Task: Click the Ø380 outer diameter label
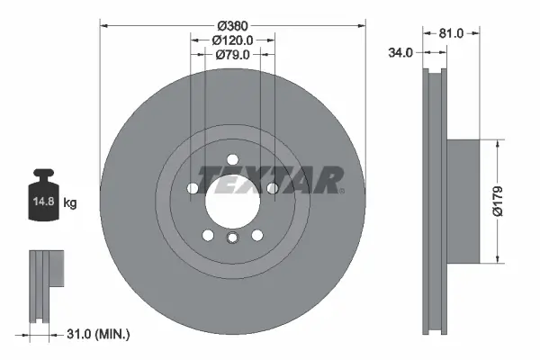coord(231,24)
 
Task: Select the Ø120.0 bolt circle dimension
coord(231,40)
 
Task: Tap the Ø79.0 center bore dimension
coord(231,55)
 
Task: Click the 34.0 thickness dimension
coord(400,53)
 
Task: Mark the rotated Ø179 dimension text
coord(508,201)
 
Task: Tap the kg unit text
coord(70,203)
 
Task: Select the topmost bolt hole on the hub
coord(232,159)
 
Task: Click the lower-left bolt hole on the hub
coord(209,234)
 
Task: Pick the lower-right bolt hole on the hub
coord(256,234)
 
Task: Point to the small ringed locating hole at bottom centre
coord(232,238)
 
